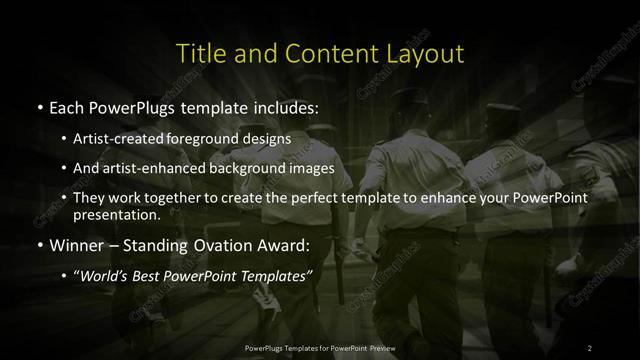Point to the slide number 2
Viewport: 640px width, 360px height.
(x=590, y=348)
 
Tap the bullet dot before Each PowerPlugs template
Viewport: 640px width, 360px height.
(x=39, y=106)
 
